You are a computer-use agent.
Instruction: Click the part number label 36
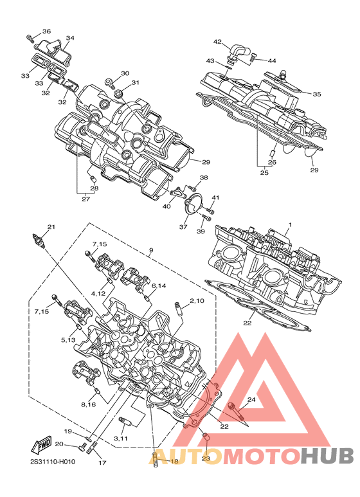click(46, 31)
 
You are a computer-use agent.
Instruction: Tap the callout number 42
click(217, 42)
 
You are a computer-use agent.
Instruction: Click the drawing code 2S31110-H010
click(53, 462)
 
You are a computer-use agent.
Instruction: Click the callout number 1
click(289, 225)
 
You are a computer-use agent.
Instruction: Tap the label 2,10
click(197, 300)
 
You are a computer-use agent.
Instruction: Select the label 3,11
click(121, 438)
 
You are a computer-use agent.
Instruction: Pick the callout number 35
click(316, 94)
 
